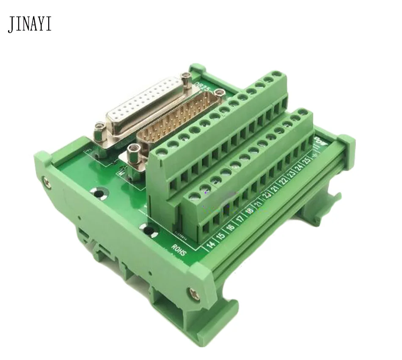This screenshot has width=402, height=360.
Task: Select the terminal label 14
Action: click(209, 244)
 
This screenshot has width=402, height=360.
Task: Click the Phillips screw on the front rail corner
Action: click(195, 292)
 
